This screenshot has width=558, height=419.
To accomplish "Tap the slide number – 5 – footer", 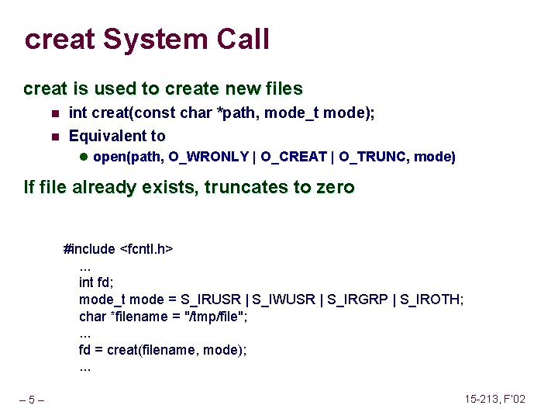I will [32, 400].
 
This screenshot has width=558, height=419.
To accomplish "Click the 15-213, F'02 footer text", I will [495, 399].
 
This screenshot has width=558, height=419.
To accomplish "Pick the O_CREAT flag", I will [294, 157].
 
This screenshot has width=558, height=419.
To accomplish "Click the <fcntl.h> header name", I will [146, 249].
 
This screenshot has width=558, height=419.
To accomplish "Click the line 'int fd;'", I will [97, 282].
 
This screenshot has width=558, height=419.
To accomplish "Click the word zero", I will [333, 187].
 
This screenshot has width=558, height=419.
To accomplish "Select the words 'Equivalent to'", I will [117, 136].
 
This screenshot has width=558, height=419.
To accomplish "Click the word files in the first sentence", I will [281, 89].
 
